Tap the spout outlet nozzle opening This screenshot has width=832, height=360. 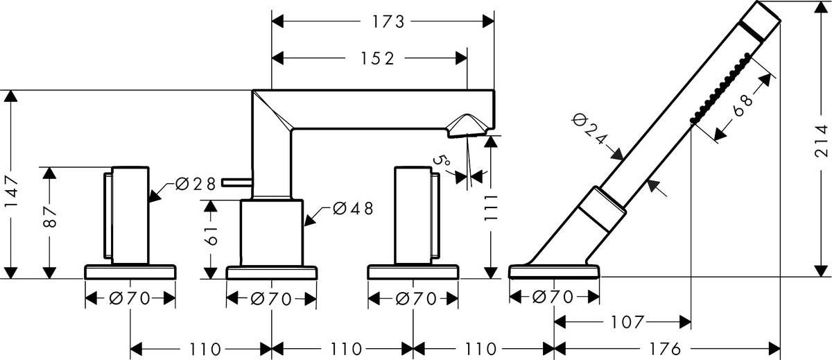(467, 126)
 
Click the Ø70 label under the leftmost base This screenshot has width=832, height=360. (130, 298)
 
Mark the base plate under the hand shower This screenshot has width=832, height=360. (555, 271)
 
